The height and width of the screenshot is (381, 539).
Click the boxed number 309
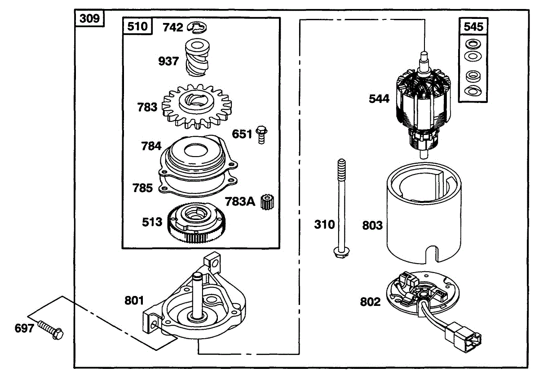(x=89, y=18)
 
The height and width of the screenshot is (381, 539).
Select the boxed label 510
(x=137, y=26)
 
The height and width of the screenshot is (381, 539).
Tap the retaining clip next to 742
(x=197, y=27)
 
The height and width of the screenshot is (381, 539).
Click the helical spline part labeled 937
(x=197, y=58)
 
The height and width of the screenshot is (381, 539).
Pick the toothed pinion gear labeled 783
(x=197, y=106)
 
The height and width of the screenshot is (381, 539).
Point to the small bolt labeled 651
(x=261, y=134)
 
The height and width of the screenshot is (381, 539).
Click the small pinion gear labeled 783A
(x=267, y=202)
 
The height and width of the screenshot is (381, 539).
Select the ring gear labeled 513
(x=197, y=223)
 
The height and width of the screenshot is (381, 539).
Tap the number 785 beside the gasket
(x=143, y=188)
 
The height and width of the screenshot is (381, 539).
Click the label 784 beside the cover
(x=151, y=146)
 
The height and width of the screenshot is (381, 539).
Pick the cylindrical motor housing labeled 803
(x=424, y=213)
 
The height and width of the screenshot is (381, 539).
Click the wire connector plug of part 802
(x=463, y=337)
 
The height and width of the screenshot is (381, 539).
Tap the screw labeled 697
(x=50, y=330)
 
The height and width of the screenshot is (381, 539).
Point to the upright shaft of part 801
(x=197, y=296)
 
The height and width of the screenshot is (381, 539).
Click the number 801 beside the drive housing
(x=134, y=300)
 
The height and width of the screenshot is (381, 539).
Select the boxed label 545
(x=473, y=27)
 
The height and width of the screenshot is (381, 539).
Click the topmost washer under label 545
(x=473, y=44)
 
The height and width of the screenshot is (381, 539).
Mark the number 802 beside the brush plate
(x=370, y=302)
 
